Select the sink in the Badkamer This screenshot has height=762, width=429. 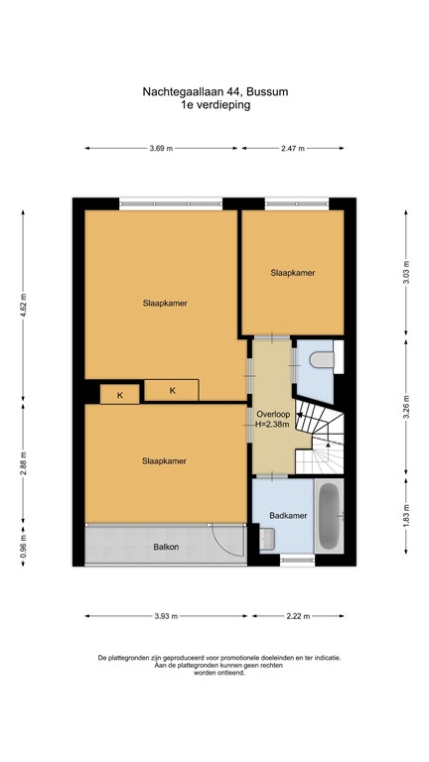[x=267, y=539]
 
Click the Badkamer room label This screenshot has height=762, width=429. [x=287, y=515]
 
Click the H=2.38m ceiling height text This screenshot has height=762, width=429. [x=272, y=425]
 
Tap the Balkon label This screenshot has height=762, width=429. [x=165, y=547]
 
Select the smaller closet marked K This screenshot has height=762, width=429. [x=120, y=395]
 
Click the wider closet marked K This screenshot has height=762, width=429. [x=172, y=390]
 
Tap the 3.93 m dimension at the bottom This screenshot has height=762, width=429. [x=166, y=616]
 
